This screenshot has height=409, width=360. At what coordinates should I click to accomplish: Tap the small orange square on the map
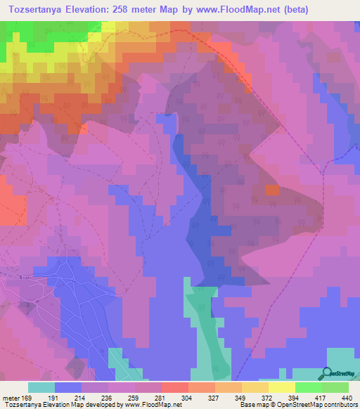pos(272,190)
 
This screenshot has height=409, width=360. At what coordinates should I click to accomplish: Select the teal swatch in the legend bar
pos(41,387)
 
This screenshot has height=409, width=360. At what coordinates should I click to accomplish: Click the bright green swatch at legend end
pos(335,387)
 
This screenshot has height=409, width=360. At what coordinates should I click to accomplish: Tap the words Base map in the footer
pos(252,405)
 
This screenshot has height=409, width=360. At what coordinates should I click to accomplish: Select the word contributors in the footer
pos(340,405)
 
